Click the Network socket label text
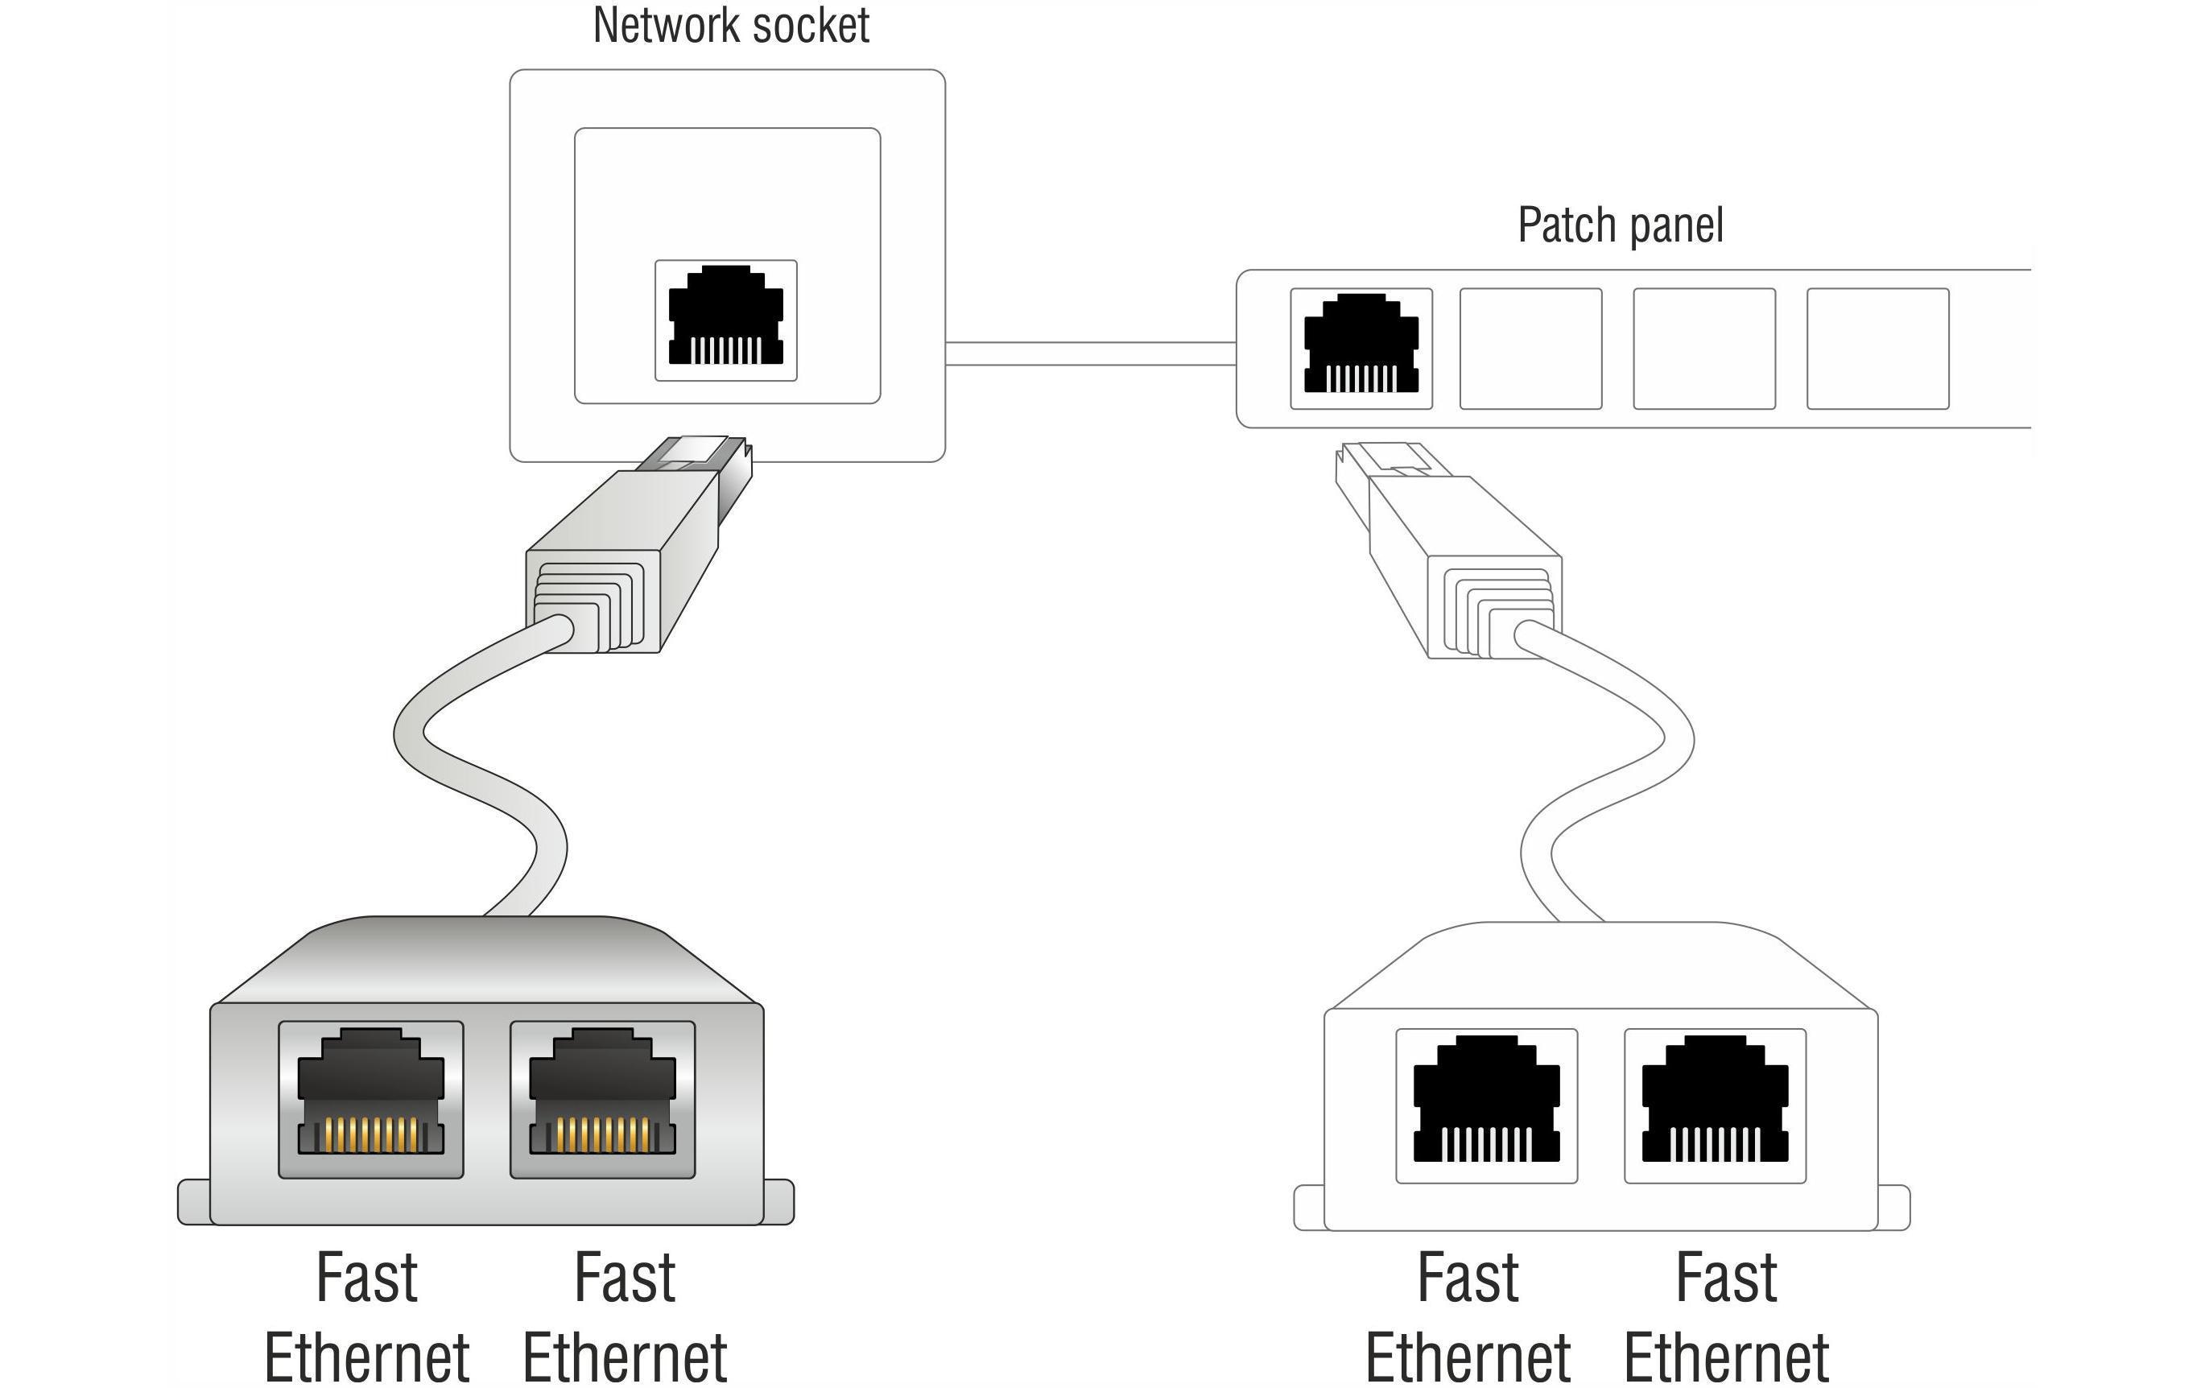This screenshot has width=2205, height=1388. point(730,26)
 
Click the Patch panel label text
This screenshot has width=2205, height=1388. point(1620,225)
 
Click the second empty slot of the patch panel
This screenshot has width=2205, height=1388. point(1530,349)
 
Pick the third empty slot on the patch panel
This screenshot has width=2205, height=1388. point(1703,349)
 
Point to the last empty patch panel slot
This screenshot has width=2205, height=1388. point(1877,349)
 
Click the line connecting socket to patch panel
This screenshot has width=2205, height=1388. point(1090,353)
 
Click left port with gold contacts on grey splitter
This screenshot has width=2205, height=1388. point(371,1100)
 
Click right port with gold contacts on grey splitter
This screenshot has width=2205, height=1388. point(602,1100)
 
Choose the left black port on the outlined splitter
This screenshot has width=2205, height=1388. point(1486,1106)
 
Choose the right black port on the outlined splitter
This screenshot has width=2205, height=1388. point(1714,1106)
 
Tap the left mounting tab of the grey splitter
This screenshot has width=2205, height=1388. point(193,1202)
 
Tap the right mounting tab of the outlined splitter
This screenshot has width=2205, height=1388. point(1893,1208)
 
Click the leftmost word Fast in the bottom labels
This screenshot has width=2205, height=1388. point(366,1279)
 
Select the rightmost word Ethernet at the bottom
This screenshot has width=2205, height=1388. point(1726,1359)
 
